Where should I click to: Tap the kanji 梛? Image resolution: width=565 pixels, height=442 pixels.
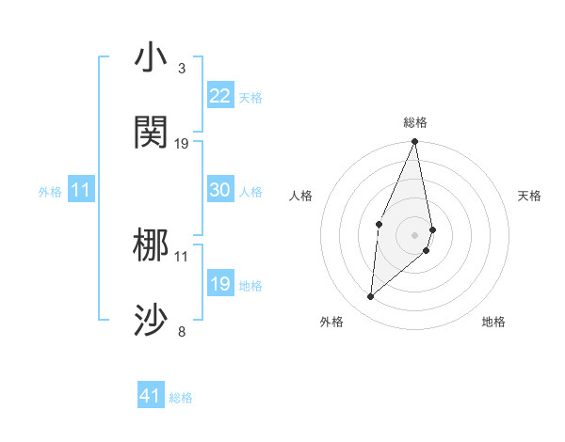point(152,245)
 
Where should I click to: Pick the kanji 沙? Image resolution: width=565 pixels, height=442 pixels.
point(152,321)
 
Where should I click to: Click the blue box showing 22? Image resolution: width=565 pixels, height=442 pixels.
point(220,96)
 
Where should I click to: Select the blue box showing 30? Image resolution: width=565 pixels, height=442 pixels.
point(220,190)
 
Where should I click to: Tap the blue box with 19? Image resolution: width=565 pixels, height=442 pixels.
point(220,284)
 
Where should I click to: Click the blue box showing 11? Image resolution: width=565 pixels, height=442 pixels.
point(81,190)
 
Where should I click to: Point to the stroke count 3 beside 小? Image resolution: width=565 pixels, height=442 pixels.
point(182,69)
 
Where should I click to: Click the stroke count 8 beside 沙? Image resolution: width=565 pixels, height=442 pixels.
point(182,331)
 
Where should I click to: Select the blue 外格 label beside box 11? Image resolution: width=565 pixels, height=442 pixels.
point(50,191)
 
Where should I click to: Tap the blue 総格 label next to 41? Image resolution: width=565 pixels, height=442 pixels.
point(181,398)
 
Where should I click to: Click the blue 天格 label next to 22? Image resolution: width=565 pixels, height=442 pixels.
point(250,98)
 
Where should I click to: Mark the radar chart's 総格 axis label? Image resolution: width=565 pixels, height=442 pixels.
point(414,122)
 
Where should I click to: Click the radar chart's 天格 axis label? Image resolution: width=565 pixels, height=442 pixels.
point(529,196)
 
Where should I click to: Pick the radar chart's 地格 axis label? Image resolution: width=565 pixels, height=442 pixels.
point(493,322)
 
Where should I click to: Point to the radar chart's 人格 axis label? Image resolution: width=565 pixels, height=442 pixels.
point(301,196)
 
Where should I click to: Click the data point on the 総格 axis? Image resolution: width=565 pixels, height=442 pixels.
point(414,142)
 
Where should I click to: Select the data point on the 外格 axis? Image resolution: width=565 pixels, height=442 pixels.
point(370,297)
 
